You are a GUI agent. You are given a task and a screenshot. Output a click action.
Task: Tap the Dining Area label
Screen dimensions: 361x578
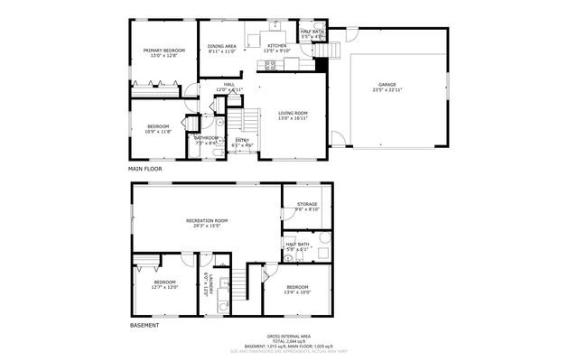pyautogui.click(x=221, y=46)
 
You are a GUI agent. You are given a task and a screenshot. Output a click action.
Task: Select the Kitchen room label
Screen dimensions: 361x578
pyautogui.click(x=276, y=46)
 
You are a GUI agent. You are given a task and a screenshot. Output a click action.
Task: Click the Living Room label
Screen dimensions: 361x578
pyautogui.click(x=293, y=113)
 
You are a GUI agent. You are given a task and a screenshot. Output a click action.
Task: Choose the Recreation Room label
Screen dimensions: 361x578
pyautogui.click(x=207, y=220)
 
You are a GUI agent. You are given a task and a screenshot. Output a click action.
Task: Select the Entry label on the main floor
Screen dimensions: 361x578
pyautogui.click(x=242, y=140)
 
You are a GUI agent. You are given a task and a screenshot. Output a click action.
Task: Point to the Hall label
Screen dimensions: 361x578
pyautogui.click(x=229, y=84)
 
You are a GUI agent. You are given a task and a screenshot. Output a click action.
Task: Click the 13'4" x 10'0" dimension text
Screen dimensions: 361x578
pyautogui.click(x=297, y=292)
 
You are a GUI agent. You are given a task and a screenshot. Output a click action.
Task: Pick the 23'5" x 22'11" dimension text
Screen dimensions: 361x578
pyautogui.click(x=387, y=89)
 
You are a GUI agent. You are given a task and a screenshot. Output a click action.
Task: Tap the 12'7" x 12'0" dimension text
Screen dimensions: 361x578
pyautogui.click(x=165, y=287)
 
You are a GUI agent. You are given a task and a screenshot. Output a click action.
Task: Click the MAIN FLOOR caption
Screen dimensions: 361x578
pyautogui.click(x=144, y=169)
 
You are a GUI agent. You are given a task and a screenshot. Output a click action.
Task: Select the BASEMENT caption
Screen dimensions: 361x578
pyautogui.click(x=144, y=325)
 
